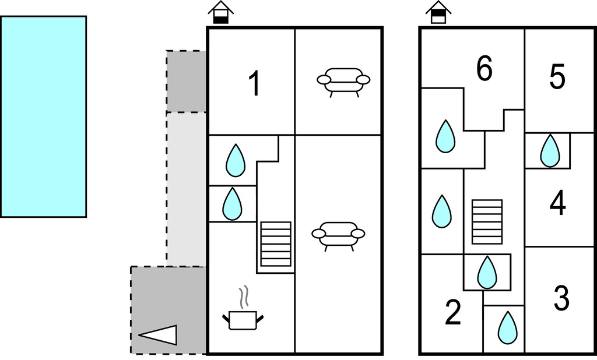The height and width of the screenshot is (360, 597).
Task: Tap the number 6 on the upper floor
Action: (484, 69)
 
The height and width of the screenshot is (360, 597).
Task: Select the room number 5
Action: (557, 77)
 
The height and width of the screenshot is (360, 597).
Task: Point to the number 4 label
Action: (557, 203)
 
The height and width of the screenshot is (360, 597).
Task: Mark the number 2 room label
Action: (452, 313)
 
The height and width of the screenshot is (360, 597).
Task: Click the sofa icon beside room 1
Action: (343, 81)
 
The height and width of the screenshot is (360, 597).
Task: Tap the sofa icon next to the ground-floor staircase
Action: (338, 235)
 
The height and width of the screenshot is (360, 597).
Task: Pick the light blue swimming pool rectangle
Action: (43, 117)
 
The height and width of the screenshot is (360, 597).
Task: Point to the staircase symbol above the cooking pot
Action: (275, 243)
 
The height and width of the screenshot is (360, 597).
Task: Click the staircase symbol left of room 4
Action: (487, 222)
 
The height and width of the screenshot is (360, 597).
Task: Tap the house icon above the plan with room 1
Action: (221, 13)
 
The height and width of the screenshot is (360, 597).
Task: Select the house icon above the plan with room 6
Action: (438, 13)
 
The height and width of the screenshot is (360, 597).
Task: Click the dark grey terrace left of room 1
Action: (186, 81)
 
